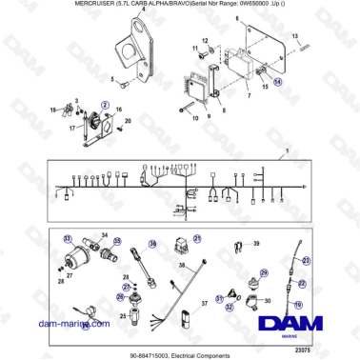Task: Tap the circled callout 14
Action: tap(277, 82)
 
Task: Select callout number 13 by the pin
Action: tap(296, 35)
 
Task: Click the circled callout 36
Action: tap(150, 245)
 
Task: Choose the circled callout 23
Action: tap(305, 259)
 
